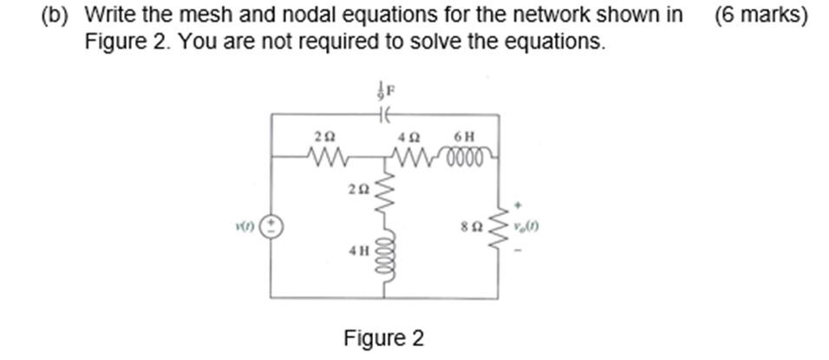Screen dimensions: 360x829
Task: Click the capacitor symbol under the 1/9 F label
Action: pos(385,114)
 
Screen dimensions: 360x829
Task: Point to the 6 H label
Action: pos(464,136)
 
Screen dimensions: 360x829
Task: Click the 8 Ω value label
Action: pos(472,230)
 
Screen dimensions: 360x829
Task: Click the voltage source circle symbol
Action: pos(272,226)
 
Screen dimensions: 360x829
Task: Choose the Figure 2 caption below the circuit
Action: pos(383,337)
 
